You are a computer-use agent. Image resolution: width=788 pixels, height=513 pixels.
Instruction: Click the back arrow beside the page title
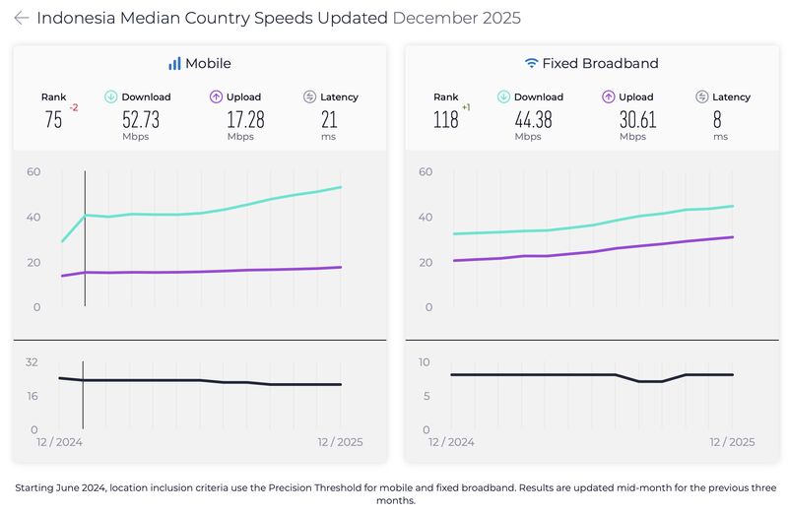click(21, 18)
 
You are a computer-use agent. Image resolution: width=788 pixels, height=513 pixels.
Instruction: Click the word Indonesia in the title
click(74, 18)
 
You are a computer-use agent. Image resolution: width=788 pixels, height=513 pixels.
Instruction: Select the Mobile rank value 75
click(53, 120)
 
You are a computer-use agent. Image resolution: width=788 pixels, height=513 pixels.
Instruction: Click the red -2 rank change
click(73, 106)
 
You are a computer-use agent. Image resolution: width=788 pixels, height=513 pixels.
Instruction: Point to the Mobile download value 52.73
click(140, 120)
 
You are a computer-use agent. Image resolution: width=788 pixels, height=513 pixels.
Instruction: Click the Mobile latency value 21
click(330, 120)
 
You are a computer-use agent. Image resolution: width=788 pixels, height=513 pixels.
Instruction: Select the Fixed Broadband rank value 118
click(446, 120)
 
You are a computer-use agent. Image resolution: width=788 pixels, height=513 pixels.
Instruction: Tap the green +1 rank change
click(467, 106)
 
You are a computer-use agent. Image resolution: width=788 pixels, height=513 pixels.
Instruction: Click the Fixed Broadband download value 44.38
click(533, 120)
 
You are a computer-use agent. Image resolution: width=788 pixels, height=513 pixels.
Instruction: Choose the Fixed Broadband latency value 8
click(721, 120)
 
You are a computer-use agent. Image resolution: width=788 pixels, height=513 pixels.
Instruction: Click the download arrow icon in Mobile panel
click(111, 96)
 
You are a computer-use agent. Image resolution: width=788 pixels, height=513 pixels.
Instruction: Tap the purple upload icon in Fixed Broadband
click(609, 96)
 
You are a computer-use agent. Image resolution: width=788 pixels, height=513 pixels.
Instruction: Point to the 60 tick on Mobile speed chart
click(33, 171)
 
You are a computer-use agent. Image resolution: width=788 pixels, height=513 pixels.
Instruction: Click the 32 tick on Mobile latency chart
click(32, 362)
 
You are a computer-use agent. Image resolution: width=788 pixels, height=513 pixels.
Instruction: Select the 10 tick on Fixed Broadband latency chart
click(426, 362)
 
